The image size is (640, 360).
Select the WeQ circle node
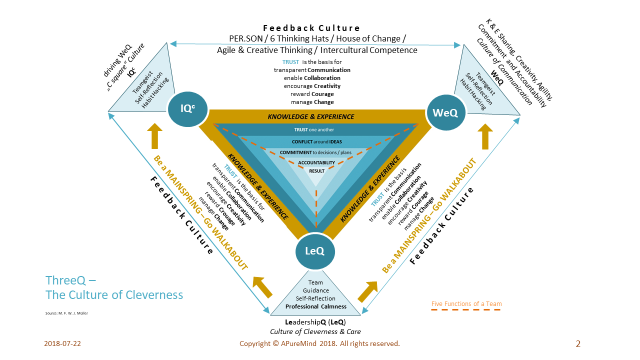point(445,113)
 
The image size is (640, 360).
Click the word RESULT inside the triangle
point(316,171)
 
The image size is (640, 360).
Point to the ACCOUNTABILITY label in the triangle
point(316,162)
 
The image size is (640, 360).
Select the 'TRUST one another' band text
point(314,129)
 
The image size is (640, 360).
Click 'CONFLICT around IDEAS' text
point(316,141)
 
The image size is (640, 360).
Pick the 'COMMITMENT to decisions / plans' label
point(316,152)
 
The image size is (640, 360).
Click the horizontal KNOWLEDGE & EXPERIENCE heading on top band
point(310,116)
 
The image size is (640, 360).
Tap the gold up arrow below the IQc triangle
point(155,136)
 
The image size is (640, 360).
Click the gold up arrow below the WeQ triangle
point(484,137)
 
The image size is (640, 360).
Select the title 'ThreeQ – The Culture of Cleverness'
point(114,287)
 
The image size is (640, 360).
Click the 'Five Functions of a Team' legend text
point(466,303)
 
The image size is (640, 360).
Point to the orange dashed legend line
point(466,310)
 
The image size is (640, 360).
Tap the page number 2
point(578,343)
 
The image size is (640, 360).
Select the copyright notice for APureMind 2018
point(319,343)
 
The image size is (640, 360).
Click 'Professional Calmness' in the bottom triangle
point(315,306)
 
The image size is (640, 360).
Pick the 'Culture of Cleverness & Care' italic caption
point(315,331)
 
